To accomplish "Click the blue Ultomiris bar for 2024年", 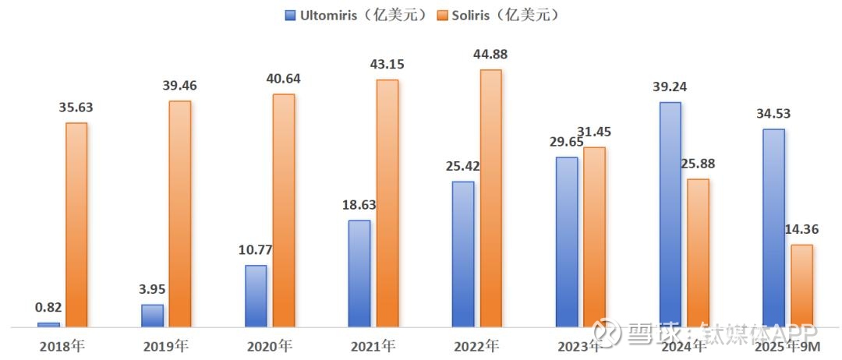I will click(x=670, y=214).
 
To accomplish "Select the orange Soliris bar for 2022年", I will click(x=490, y=198).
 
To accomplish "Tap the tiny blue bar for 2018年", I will click(x=48, y=324).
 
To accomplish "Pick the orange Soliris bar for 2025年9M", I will click(x=801, y=285).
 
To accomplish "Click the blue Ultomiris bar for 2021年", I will click(x=359, y=273).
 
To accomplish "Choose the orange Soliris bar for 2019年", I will click(x=179, y=214).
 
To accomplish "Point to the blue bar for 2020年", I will click(x=256, y=295).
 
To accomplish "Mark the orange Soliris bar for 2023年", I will click(x=594, y=236).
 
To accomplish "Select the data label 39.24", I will click(x=670, y=86).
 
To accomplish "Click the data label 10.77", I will click(x=256, y=250).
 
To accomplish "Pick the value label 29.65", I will click(x=567, y=142).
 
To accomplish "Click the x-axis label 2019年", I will click(x=165, y=345).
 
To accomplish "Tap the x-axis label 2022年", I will click(x=476, y=345).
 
